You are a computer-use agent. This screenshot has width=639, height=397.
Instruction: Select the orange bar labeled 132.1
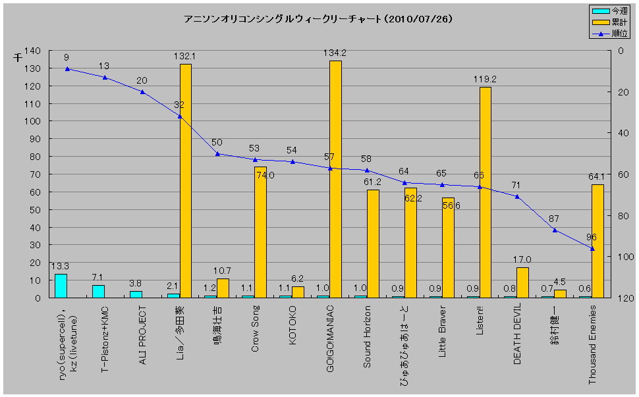pyautogui.click(x=185, y=180)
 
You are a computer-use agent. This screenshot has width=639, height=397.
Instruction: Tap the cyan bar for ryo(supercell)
pyautogui.click(x=61, y=286)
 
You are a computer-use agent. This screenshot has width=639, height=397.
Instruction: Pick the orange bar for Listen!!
pyautogui.click(x=485, y=192)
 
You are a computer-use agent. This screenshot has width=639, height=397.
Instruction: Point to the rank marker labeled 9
pyautogui.click(x=67, y=68)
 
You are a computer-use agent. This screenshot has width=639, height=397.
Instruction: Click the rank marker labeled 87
pyautogui.click(x=555, y=230)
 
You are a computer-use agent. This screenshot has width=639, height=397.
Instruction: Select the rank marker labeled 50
pyautogui.click(x=217, y=154)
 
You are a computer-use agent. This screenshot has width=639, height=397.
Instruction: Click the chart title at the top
pyautogui.click(x=318, y=19)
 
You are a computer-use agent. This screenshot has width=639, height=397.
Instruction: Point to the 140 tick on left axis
pyautogui.click(x=32, y=51)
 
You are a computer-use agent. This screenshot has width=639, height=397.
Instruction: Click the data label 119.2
pyautogui.click(x=485, y=79)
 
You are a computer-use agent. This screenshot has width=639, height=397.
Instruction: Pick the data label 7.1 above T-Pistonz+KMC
pyautogui.click(x=98, y=277)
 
